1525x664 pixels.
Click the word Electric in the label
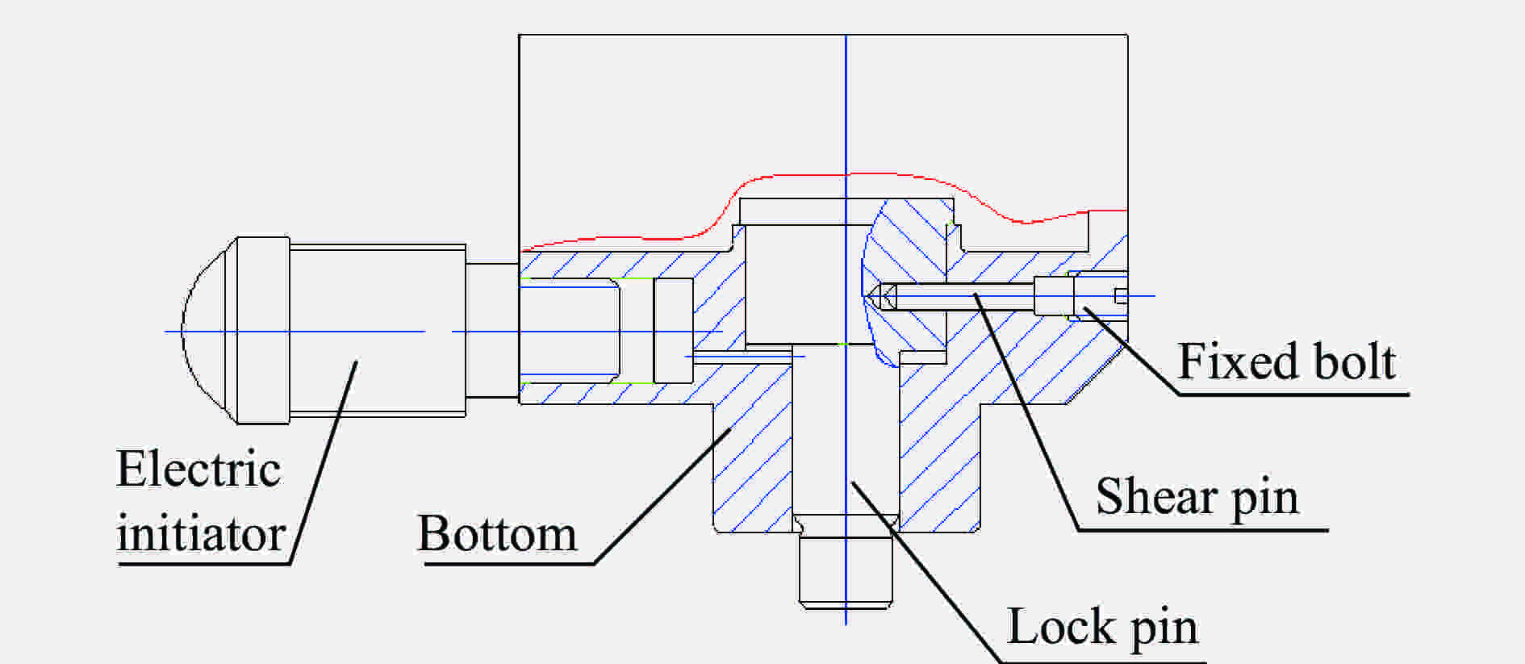click(198, 469)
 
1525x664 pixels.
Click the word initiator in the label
click(201, 533)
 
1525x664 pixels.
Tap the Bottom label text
click(497, 533)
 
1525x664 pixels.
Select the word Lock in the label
click(1061, 626)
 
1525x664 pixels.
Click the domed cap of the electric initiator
click(208, 331)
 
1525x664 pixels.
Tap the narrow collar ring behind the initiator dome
click(263, 331)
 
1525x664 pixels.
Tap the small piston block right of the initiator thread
click(673, 330)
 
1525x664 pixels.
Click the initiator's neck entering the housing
click(492, 331)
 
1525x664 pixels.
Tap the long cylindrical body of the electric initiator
click(378, 331)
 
